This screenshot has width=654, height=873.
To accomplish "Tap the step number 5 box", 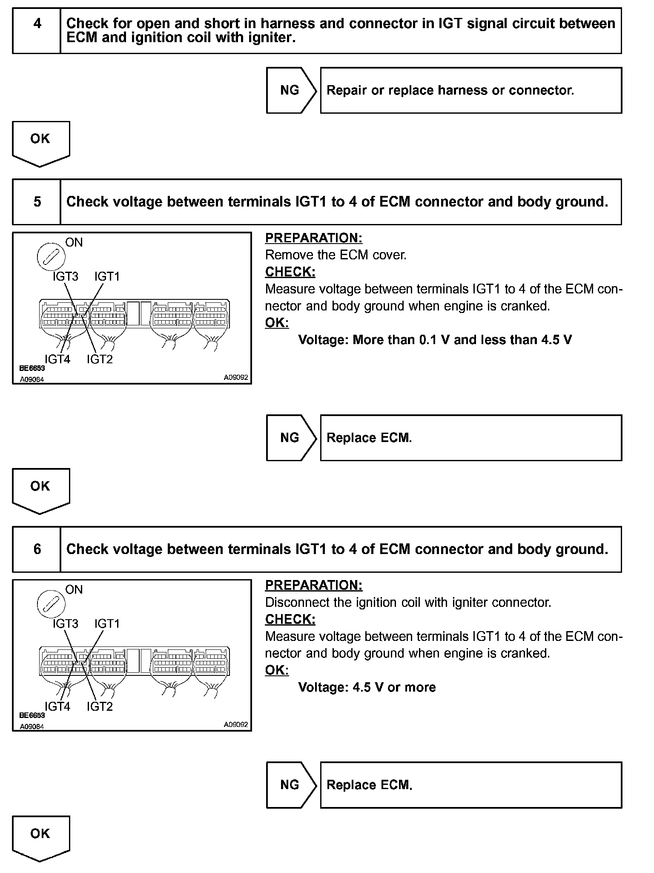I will [x=37, y=202].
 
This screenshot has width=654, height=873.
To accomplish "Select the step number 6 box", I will [x=37, y=549].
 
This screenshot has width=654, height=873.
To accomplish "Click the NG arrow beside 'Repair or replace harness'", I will [x=291, y=90].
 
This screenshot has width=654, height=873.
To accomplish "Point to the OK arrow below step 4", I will [x=40, y=143].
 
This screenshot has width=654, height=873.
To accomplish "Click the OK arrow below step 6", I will [x=40, y=838].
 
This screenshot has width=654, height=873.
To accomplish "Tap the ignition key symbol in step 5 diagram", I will [x=51, y=258].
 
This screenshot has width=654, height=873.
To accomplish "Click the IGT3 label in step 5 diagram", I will [x=66, y=277].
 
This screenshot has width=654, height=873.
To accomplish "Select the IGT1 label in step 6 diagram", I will [x=107, y=624].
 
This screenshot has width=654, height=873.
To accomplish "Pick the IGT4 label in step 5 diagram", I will [x=57, y=359].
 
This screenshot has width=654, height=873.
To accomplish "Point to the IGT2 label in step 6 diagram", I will [x=100, y=707].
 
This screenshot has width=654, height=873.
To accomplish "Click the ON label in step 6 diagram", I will [x=74, y=590].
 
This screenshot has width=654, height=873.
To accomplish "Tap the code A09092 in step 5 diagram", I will [x=236, y=377].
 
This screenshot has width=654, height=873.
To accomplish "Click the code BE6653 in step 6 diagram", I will [x=32, y=716].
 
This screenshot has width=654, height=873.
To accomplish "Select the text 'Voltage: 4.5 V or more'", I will [x=367, y=687].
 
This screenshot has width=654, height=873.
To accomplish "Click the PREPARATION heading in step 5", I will [x=314, y=238].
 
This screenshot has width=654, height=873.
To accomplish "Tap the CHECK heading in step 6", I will [x=290, y=619].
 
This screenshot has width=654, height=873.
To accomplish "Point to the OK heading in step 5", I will [x=277, y=323].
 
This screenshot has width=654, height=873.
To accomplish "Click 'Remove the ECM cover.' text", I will [x=336, y=255].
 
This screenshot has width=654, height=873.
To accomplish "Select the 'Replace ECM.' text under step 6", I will [x=369, y=785].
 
